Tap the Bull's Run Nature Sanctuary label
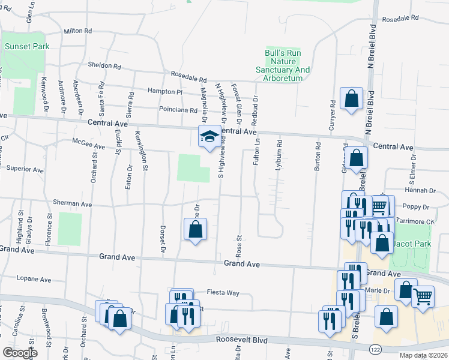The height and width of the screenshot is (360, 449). [288, 62]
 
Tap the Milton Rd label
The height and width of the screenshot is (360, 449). [78, 31]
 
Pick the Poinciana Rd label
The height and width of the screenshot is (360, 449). [178, 110]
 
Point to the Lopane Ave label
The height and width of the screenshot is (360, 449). [34, 279]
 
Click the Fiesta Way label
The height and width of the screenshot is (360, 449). [223, 293]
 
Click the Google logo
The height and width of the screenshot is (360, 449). [20, 353]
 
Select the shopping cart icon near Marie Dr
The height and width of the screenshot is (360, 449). [423, 296]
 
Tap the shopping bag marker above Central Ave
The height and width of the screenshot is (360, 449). [351, 98]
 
